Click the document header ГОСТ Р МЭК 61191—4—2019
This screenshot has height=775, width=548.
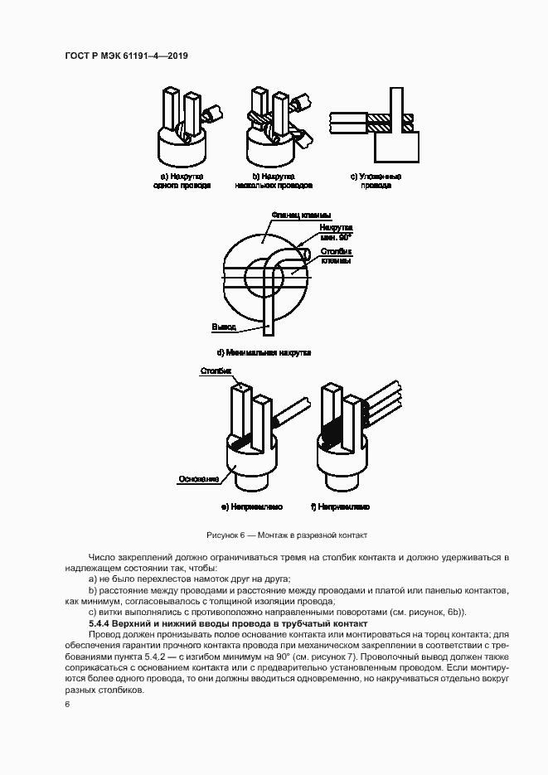pos(127,56)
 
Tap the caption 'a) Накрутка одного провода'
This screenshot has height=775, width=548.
pos(182,181)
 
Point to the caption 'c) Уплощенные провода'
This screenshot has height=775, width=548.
pos(376,181)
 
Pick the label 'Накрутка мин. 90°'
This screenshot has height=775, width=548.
pos(336,231)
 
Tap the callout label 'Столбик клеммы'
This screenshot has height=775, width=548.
pos(336,256)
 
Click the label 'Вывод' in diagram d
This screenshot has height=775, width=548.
pos(223,327)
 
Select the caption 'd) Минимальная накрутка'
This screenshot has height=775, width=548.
pos(264,352)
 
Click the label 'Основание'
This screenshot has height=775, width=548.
pos(198,478)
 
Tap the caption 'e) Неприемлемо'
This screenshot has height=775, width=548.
pos(251,506)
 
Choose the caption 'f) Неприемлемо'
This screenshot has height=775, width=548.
pos(340,506)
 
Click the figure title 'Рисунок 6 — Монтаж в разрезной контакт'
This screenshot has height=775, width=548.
pos(286,535)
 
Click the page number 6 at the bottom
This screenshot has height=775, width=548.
pos(67,704)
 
